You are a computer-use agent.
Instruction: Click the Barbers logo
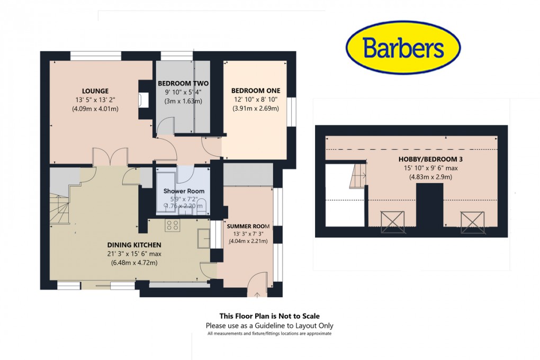[403, 49]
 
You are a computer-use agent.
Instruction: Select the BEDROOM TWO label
[183, 84]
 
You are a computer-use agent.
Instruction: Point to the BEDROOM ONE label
[256, 91]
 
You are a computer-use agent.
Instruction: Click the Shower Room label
[183, 191]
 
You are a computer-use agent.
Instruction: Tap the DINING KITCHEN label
[134, 245]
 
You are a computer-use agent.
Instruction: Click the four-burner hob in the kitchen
[172, 226]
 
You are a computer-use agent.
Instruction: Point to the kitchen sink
[204, 238]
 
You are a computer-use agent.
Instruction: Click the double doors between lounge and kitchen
[110, 157]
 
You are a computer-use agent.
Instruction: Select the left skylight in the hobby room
[392, 221]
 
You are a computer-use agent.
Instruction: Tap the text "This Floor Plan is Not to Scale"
[269, 316]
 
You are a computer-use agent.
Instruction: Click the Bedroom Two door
[166, 126]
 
